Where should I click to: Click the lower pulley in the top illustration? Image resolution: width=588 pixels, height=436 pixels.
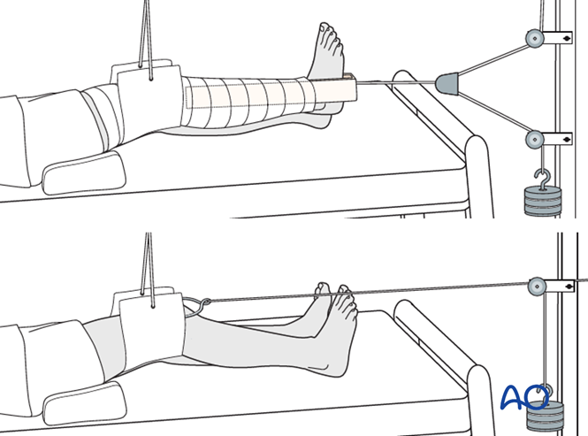pyautogui.click(x=533, y=139)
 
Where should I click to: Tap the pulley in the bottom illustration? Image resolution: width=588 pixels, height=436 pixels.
pyautogui.click(x=536, y=286)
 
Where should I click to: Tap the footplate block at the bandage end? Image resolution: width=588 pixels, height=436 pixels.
pyautogui.click(x=337, y=89)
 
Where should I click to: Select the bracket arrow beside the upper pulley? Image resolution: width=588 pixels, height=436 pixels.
pyautogui.click(x=560, y=38)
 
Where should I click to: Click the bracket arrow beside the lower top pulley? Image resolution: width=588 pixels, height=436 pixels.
pyautogui.click(x=560, y=139)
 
